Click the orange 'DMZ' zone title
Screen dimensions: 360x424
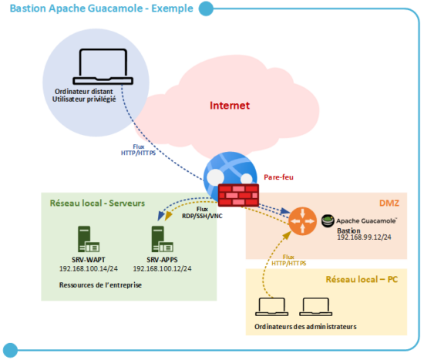point(388,204)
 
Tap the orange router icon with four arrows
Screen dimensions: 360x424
point(303,222)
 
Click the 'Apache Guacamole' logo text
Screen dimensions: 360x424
point(366,220)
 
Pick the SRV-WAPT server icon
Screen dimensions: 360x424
point(82,237)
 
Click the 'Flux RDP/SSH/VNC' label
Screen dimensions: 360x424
point(203,212)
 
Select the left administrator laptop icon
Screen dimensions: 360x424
point(269,308)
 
